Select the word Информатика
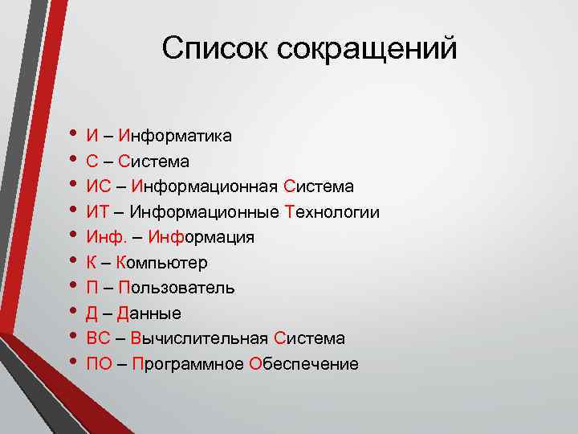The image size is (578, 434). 174,136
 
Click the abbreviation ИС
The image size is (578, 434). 97,186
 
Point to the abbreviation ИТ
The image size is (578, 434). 97,212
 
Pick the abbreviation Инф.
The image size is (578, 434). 102,237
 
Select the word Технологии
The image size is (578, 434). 332,212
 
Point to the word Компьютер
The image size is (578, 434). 161,263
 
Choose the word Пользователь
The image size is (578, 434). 176,288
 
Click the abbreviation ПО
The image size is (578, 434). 99,364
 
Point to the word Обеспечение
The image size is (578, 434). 304,364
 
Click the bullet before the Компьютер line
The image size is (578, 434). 75,262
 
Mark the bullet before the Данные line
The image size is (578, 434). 75,313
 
